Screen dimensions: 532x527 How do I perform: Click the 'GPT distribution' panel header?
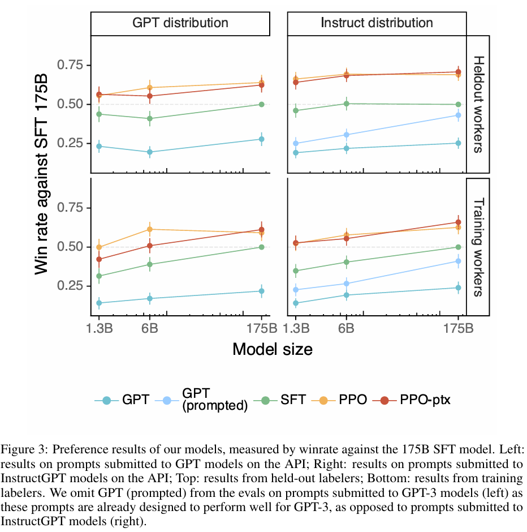pos(180,23)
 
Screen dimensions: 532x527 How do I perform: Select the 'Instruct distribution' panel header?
pos(377,23)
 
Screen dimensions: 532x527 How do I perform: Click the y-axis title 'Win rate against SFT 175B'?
pos(42,175)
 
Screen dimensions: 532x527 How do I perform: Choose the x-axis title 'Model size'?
pos(272,349)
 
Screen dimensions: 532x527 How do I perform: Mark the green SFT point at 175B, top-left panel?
pos(262,104)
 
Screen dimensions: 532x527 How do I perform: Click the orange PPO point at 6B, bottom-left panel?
pos(150,229)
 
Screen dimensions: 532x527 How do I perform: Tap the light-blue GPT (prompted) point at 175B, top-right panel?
pos(458,115)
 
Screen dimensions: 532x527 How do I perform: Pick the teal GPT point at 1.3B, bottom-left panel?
pos(99,303)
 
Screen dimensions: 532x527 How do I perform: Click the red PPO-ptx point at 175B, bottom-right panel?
pos(458,222)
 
